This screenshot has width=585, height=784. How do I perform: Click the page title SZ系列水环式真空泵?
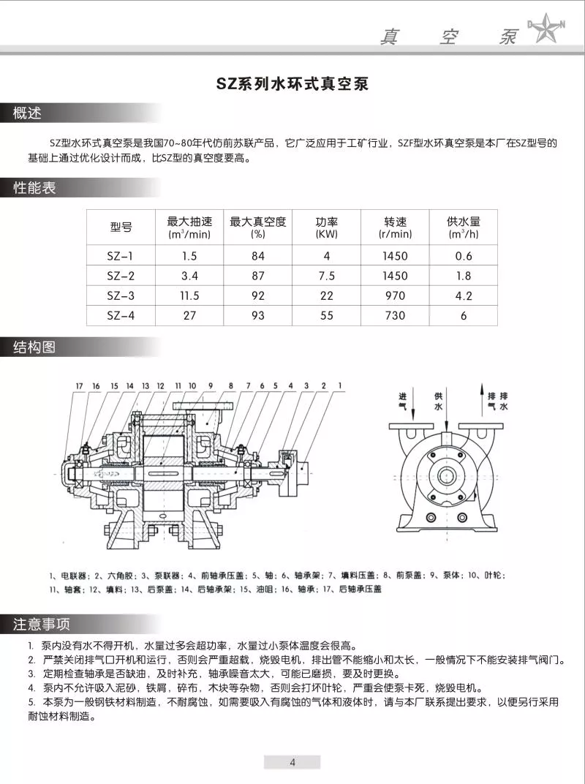(292, 83)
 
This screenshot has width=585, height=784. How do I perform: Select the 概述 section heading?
(28, 113)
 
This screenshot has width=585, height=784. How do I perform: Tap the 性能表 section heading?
(35, 188)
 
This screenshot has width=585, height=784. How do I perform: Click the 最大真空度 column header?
(257, 227)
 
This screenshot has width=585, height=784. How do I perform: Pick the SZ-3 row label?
(121, 295)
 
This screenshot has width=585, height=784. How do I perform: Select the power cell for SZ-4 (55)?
(326, 315)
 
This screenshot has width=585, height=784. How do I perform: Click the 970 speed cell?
(395, 295)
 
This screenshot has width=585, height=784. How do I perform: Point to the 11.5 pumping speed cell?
(189, 295)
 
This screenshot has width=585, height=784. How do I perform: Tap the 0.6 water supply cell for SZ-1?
(464, 256)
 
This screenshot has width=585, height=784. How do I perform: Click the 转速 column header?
(395, 227)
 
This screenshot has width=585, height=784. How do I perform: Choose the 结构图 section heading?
(35, 347)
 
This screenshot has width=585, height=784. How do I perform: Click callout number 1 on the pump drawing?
(339, 385)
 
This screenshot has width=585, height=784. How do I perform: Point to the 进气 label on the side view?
(402, 399)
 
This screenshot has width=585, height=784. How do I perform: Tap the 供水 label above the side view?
(439, 399)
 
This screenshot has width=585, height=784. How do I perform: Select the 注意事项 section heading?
(42, 624)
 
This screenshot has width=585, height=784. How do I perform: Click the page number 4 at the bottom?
(292, 762)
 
